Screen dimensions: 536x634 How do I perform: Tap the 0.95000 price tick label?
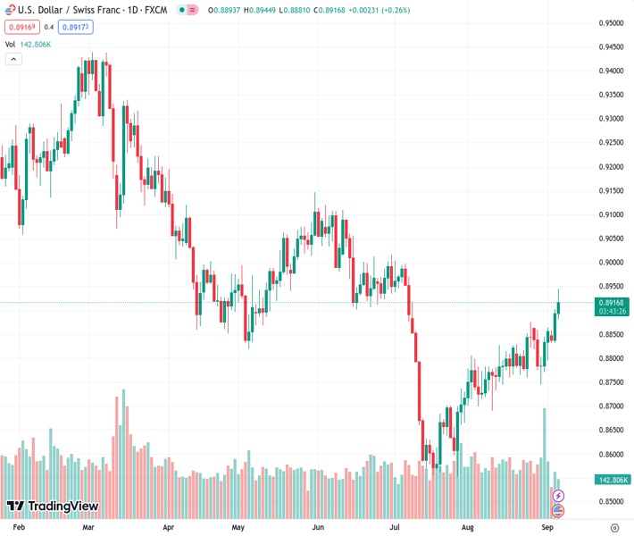611,23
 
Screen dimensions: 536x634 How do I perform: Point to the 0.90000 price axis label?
611,263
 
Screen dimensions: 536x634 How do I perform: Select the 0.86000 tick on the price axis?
611,454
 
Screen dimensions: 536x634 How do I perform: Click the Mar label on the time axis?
88,528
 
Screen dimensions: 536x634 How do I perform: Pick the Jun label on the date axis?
318,528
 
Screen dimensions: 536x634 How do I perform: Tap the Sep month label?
548,528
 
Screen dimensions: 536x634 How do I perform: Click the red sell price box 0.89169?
20,27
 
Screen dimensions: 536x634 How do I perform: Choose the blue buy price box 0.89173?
77,27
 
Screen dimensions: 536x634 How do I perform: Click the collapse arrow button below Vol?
13,59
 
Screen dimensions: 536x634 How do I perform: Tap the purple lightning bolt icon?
558,495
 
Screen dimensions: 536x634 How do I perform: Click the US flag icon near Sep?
558,510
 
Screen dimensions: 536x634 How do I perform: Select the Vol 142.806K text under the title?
29,43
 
